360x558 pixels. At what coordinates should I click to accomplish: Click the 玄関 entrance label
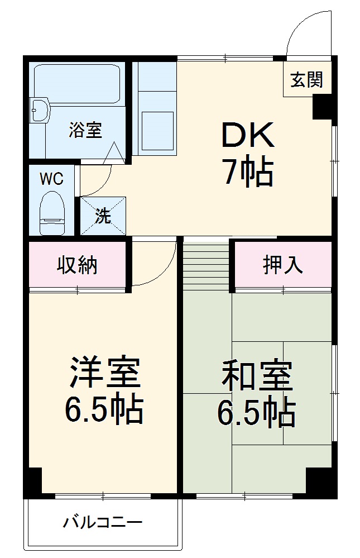click(306, 80)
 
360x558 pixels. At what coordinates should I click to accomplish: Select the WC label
click(51, 179)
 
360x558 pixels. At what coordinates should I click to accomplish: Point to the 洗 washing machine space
click(103, 216)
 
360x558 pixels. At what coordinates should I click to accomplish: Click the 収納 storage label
click(77, 266)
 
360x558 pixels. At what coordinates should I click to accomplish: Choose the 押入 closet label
click(283, 266)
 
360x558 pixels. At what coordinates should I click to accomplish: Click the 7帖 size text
click(248, 173)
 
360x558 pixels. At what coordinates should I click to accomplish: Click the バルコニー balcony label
click(103, 523)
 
